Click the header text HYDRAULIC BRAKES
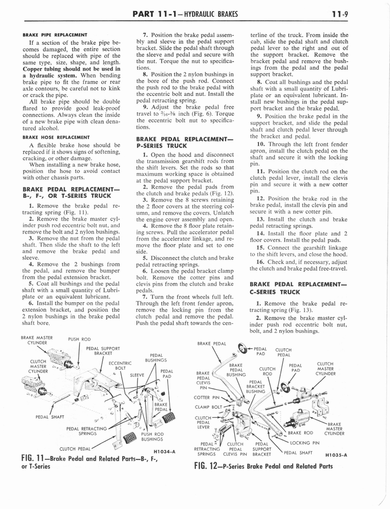point(208,13)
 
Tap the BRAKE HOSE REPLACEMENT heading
point(56,137)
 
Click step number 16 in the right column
point(260,261)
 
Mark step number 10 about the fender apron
point(260,144)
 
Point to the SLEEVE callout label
point(137,376)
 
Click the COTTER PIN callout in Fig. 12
point(208,397)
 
